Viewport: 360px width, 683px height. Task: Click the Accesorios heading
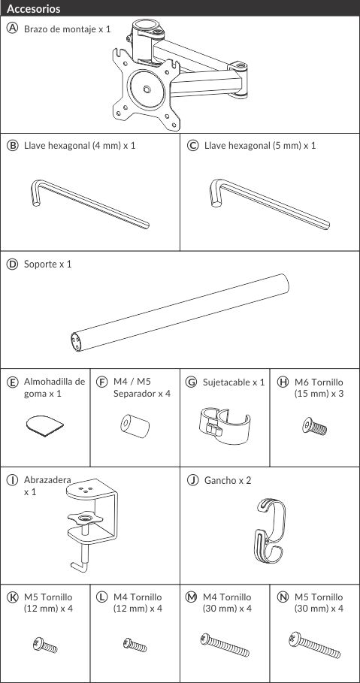click(x=34, y=9)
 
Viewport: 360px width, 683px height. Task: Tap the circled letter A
click(x=12, y=29)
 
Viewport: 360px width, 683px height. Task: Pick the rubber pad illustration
click(x=44, y=426)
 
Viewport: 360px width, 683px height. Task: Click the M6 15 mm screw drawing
click(x=313, y=427)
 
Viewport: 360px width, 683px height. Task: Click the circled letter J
click(x=192, y=479)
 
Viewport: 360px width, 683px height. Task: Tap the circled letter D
click(x=12, y=264)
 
